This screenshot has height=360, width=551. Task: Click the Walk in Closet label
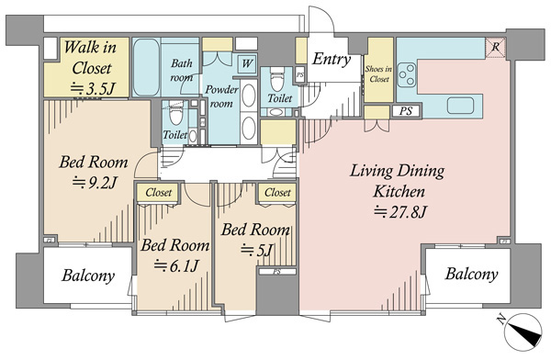point(91,57)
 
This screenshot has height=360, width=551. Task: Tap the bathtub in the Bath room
point(147,67)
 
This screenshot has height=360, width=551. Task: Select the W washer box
point(247,63)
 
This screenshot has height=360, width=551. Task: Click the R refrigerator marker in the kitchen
point(496,47)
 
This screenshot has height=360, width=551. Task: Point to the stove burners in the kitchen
point(407,74)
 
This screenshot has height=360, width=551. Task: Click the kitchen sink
point(460,106)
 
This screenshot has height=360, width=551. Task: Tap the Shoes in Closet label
point(378,73)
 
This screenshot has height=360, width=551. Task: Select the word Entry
point(331,59)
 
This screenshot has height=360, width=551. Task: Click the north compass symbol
point(523,332)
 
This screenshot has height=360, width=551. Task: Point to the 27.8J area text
point(399,212)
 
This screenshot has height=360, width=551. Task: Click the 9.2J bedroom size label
point(95,183)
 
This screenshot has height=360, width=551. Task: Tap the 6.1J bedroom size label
point(176,265)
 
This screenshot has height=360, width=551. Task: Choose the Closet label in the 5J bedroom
point(277,192)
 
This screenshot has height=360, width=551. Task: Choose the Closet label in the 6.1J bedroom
point(159,192)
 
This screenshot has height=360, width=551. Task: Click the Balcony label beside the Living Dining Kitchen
point(471,274)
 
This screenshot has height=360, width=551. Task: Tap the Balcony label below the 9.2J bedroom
point(88,276)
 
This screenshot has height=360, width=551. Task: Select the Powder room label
point(221,96)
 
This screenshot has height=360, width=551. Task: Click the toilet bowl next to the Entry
point(277,80)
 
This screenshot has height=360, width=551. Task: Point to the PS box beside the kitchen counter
point(406,111)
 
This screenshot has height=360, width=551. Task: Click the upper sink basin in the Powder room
point(249,96)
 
